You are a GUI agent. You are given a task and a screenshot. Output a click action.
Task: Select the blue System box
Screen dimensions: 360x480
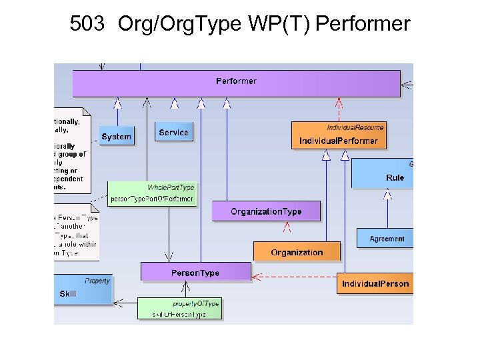[117, 136]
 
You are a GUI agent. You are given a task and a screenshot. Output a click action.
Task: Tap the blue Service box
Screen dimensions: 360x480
[173, 132]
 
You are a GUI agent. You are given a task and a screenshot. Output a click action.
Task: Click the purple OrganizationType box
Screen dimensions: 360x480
[266, 211]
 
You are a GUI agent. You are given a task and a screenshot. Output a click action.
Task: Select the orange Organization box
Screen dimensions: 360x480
[297, 252]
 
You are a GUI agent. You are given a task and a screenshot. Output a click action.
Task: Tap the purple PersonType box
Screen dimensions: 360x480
[195, 272]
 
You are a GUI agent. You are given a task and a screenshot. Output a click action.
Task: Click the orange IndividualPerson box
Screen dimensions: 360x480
[375, 283]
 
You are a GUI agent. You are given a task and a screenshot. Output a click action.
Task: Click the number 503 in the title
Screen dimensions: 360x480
[86, 25]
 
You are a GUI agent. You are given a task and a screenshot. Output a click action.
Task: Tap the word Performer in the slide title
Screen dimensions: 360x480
[363, 25]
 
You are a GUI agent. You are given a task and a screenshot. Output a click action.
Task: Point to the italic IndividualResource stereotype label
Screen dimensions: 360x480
[355, 127]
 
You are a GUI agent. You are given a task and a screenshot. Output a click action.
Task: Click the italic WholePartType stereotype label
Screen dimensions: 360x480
[171, 187]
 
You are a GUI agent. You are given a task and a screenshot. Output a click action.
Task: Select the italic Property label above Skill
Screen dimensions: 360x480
[97, 281]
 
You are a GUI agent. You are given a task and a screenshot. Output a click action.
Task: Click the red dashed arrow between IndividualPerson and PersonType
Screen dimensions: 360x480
[293, 276]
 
